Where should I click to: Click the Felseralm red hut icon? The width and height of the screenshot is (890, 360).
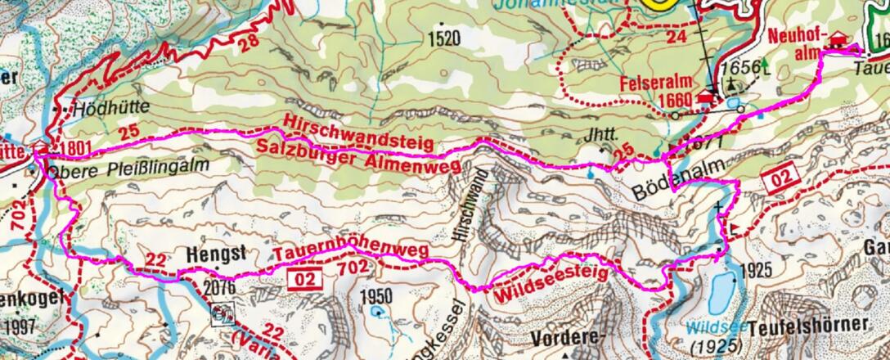point(705,99)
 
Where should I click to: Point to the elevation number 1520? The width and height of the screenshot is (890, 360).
point(443,38)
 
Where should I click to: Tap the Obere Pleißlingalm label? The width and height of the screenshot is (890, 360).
point(128,166)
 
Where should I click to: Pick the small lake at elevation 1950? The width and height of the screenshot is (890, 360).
point(375,312)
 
